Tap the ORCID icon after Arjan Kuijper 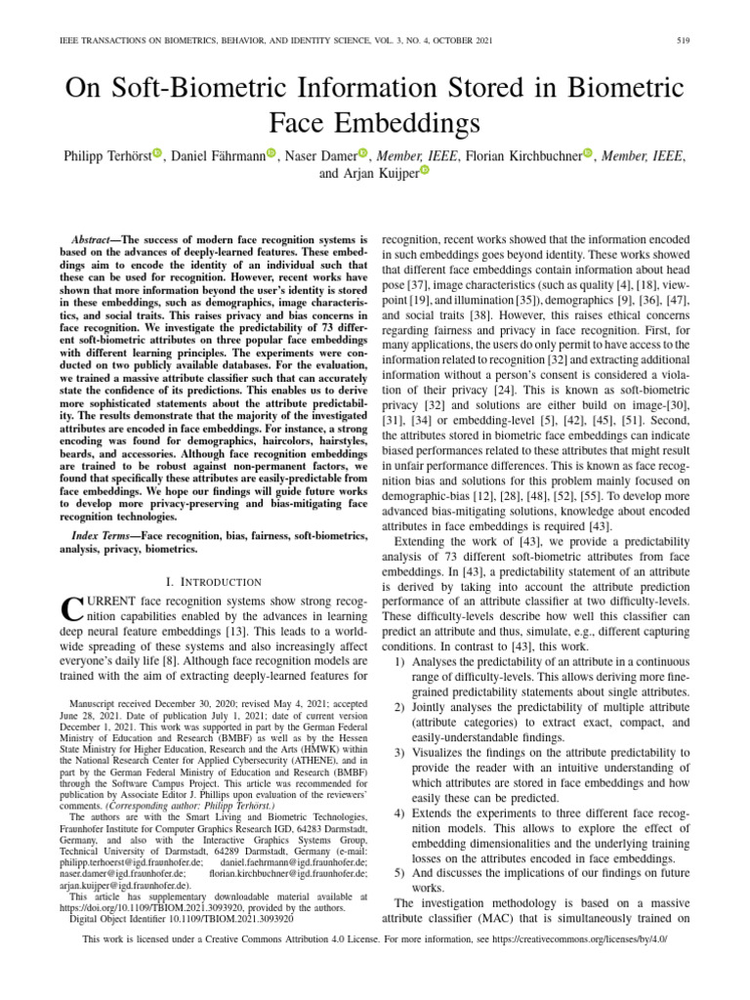click(x=424, y=173)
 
